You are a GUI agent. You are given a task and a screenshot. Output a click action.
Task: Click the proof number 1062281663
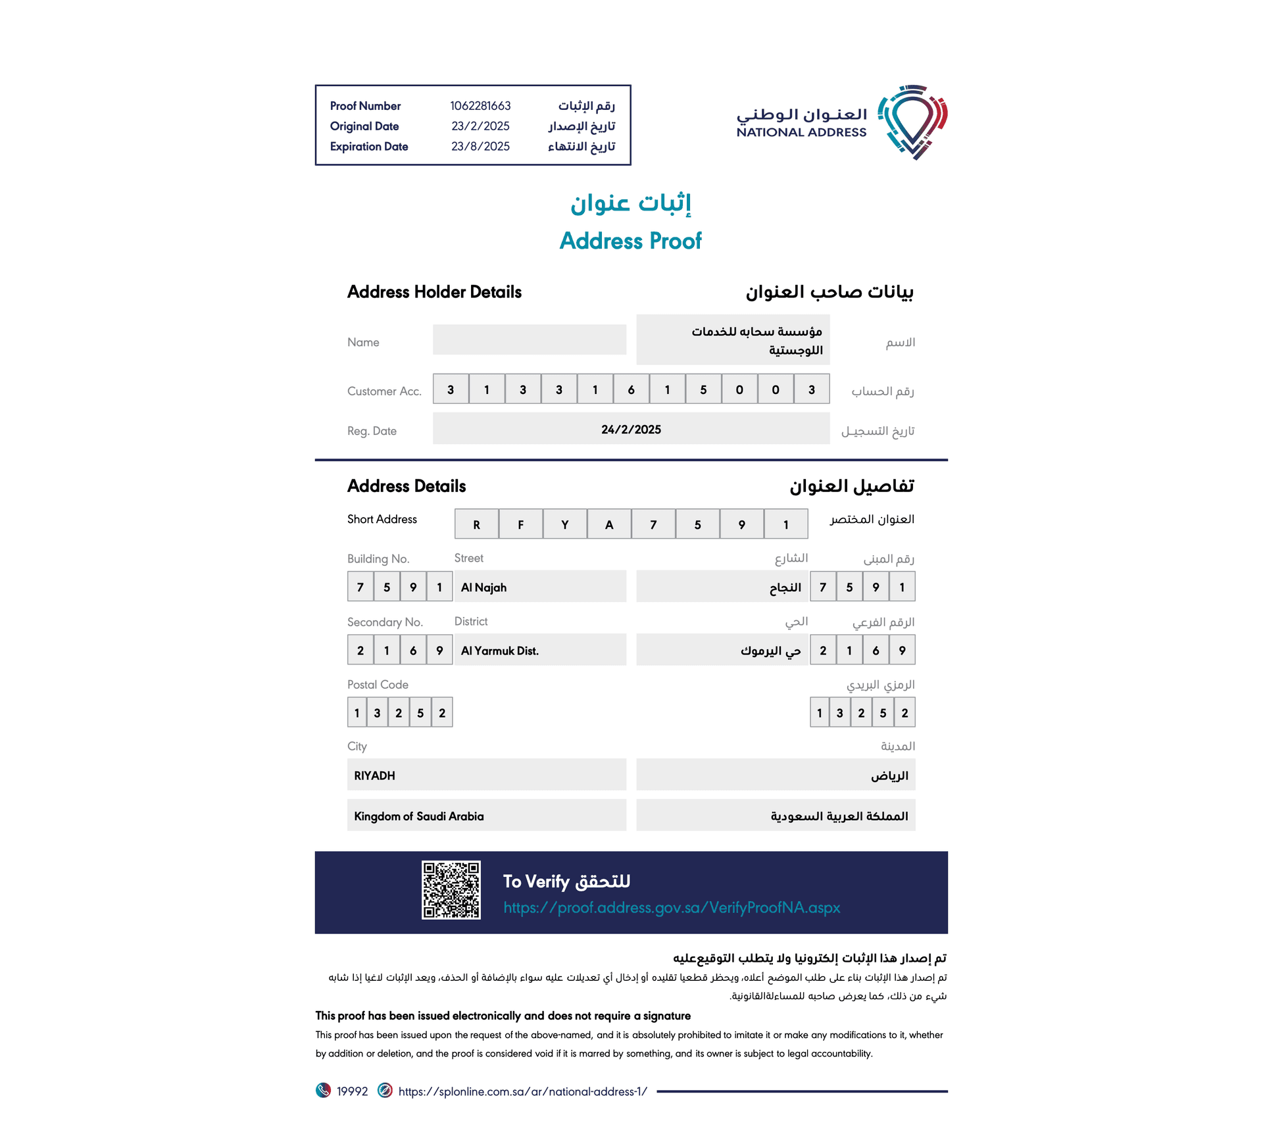(480, 106)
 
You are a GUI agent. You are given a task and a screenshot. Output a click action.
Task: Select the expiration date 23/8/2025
(480, 147)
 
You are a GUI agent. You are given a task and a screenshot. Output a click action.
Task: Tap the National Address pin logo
(913, 122)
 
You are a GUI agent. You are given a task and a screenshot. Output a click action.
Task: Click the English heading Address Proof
(630, 241)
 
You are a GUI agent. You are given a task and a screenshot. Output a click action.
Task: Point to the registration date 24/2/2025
(631, 430)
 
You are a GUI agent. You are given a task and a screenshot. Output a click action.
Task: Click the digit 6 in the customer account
(631, 389)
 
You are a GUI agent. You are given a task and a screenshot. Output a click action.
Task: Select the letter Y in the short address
(564, 524)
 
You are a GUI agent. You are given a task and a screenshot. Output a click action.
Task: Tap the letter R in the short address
(476, 524)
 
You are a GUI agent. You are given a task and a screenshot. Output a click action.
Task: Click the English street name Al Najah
(483, 587)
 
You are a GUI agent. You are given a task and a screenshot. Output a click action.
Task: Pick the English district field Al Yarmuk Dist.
(500, 651)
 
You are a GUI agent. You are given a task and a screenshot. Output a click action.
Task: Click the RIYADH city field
(374, 776)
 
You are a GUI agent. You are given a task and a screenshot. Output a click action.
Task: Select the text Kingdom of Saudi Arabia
(418, 816)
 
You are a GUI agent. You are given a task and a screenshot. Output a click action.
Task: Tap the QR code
(451, 890)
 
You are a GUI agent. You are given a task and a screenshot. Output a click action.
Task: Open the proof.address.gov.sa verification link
(672, 908)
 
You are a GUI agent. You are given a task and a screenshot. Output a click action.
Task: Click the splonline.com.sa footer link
(522, 1092)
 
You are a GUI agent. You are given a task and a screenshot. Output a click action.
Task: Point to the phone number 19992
(352, 1092)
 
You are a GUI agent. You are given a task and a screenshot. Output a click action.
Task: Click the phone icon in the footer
(323, 1091)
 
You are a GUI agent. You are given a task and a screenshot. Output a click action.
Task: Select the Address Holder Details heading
(434, 292)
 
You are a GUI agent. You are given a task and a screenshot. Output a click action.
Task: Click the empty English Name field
(529, 339)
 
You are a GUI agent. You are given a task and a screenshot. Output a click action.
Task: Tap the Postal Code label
(378, 685)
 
